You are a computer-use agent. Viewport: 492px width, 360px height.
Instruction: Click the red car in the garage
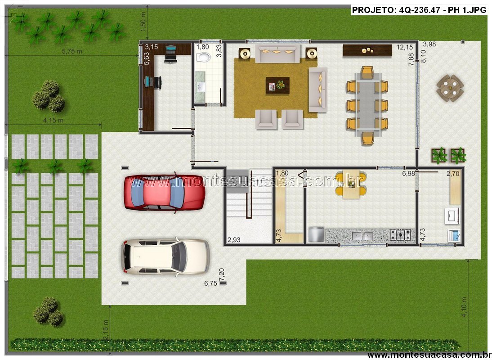click(x=165, y=193)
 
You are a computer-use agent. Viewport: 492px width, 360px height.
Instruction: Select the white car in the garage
click(x=165, y=257)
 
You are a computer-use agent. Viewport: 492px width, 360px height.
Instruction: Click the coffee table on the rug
click(x=277, y=85)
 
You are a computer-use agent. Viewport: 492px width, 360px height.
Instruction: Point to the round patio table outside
click(x=450, y=88)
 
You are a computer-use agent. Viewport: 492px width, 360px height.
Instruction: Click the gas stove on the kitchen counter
click(x=400, y=234)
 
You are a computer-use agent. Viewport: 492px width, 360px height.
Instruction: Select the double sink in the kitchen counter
click(x=362, y=235)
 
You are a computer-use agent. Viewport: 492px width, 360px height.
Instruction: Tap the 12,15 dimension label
click(x=405, y=47)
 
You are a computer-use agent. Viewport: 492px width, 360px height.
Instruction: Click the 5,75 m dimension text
click(x=72, y=51)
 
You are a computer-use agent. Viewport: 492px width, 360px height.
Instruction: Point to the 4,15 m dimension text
click(x=54, y=120)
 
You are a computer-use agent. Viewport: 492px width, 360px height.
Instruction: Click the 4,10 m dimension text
click(x=464, y=306)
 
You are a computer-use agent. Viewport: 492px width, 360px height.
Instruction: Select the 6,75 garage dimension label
click(x=210, y=283)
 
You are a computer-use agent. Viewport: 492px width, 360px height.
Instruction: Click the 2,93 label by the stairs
click(x=234, y=240)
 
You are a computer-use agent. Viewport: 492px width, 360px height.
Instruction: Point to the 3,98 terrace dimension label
click(x=429, y=44)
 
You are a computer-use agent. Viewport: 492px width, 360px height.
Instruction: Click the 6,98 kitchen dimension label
click(x=408, y=173)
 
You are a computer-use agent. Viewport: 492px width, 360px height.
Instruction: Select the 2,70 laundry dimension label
click(x=453, y=173)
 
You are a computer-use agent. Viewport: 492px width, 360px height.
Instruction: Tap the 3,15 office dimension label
click(x=152, y=47)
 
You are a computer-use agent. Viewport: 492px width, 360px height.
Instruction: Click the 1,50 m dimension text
click(x=143, y=22)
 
